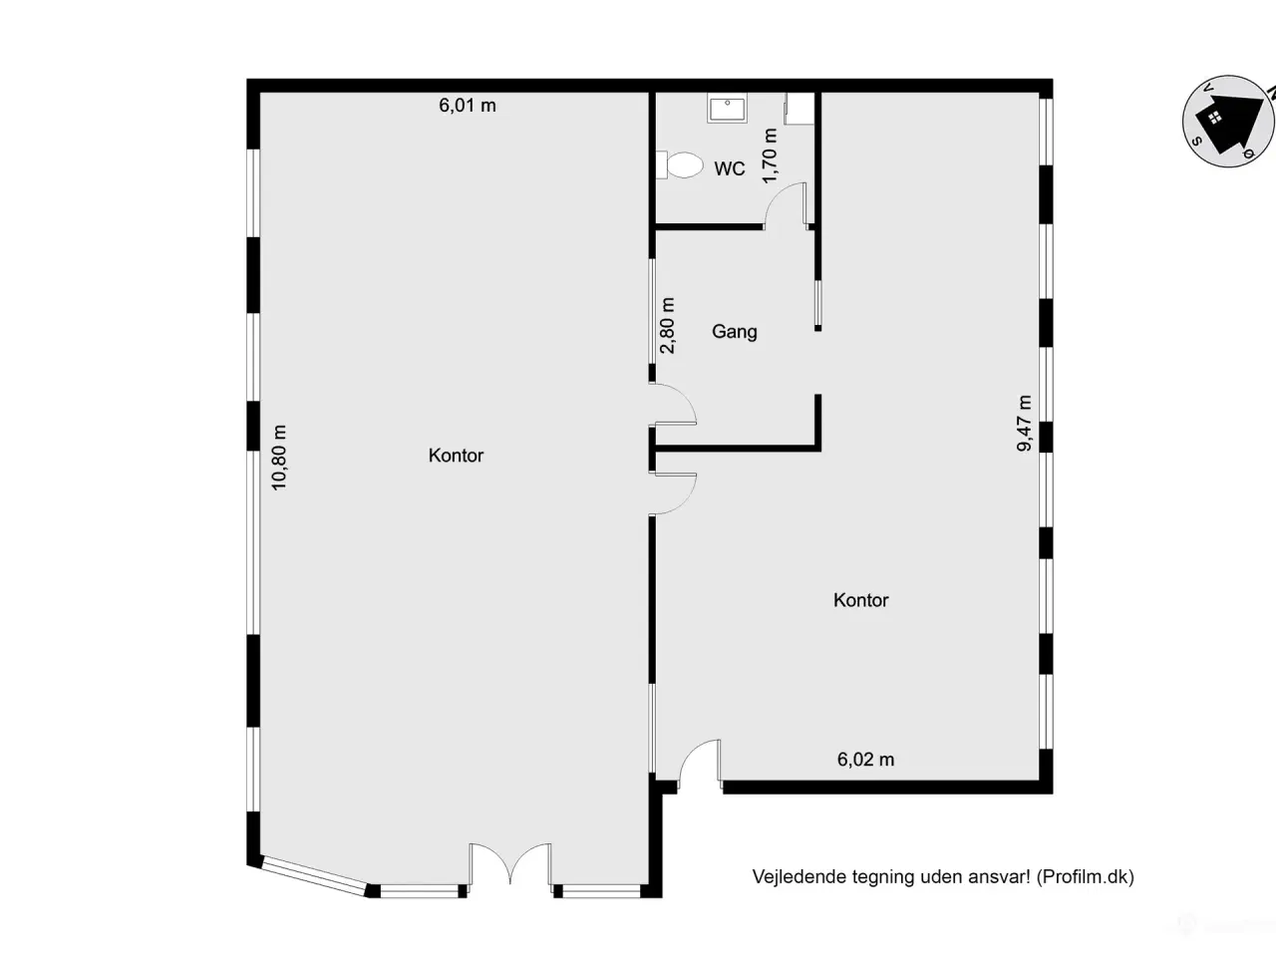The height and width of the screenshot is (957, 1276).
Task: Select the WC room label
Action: tap(729, 169)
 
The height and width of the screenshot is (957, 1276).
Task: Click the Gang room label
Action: tap(734, 332)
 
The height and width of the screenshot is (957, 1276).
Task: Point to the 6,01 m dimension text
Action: tap(468, 106)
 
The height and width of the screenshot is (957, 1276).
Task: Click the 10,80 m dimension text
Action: tap(279, 458)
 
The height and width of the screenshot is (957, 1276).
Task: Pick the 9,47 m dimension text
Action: tap(1025, 424)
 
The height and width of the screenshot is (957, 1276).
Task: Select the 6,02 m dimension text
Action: tap(865, 760)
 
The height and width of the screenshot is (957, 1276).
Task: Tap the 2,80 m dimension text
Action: tap(668, 326)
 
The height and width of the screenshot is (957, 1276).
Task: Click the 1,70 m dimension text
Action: tap(770, 157)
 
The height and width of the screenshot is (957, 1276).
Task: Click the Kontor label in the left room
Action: tap(456, 456)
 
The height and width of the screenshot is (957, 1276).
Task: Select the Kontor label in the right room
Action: tap(860, 600)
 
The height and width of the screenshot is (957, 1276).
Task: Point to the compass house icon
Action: tap(1224, 121)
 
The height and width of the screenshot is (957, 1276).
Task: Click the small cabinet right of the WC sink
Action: tap(799, 109)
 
